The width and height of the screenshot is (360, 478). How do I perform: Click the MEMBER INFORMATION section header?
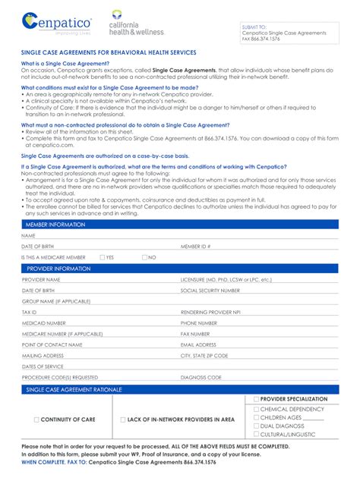point(56,225)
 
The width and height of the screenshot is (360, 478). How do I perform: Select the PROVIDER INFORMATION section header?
point(58,269)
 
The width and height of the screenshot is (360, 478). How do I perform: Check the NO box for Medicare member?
point(144,257)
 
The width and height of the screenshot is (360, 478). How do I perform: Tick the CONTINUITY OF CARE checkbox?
point(36,419)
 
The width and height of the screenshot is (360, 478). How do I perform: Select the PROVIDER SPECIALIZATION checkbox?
point(256,399)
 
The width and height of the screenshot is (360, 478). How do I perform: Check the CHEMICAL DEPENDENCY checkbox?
point(256,409)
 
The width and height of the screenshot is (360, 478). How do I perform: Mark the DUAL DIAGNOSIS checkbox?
point(256,426)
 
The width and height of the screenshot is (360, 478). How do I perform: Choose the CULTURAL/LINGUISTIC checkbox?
point(256,435)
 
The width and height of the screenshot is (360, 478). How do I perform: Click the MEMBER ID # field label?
point(195,247)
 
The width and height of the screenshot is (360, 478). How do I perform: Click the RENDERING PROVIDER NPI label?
point(210,312)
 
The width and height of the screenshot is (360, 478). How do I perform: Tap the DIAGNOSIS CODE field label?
point(201,377)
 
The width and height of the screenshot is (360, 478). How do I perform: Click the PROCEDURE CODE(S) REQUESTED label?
point(59,377)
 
